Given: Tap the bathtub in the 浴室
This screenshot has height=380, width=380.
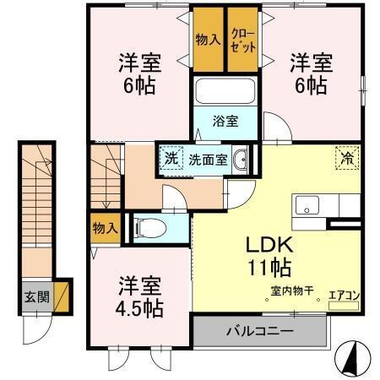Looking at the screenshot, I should click(225, 91).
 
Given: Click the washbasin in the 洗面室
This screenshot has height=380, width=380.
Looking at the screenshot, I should click(240, 159).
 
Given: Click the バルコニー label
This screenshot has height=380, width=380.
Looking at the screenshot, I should click(259, 329).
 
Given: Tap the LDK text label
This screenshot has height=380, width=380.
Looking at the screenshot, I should click(269, 246).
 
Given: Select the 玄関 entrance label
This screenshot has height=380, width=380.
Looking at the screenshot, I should click(35, 297).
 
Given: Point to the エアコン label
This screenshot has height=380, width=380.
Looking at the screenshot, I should click(345, 295).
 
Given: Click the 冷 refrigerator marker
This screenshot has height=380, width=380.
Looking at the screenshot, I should click(347, 156).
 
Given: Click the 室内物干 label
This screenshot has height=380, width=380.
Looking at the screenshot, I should click(291, 291).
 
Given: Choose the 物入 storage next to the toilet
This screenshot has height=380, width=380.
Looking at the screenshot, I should click(104, 228).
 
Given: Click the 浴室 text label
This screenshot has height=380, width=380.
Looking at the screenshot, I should click(224, 121).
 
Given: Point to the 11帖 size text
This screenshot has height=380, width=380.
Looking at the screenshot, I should click(269, 269).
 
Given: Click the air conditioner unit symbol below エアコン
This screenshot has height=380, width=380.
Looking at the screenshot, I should click(344, 306).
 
